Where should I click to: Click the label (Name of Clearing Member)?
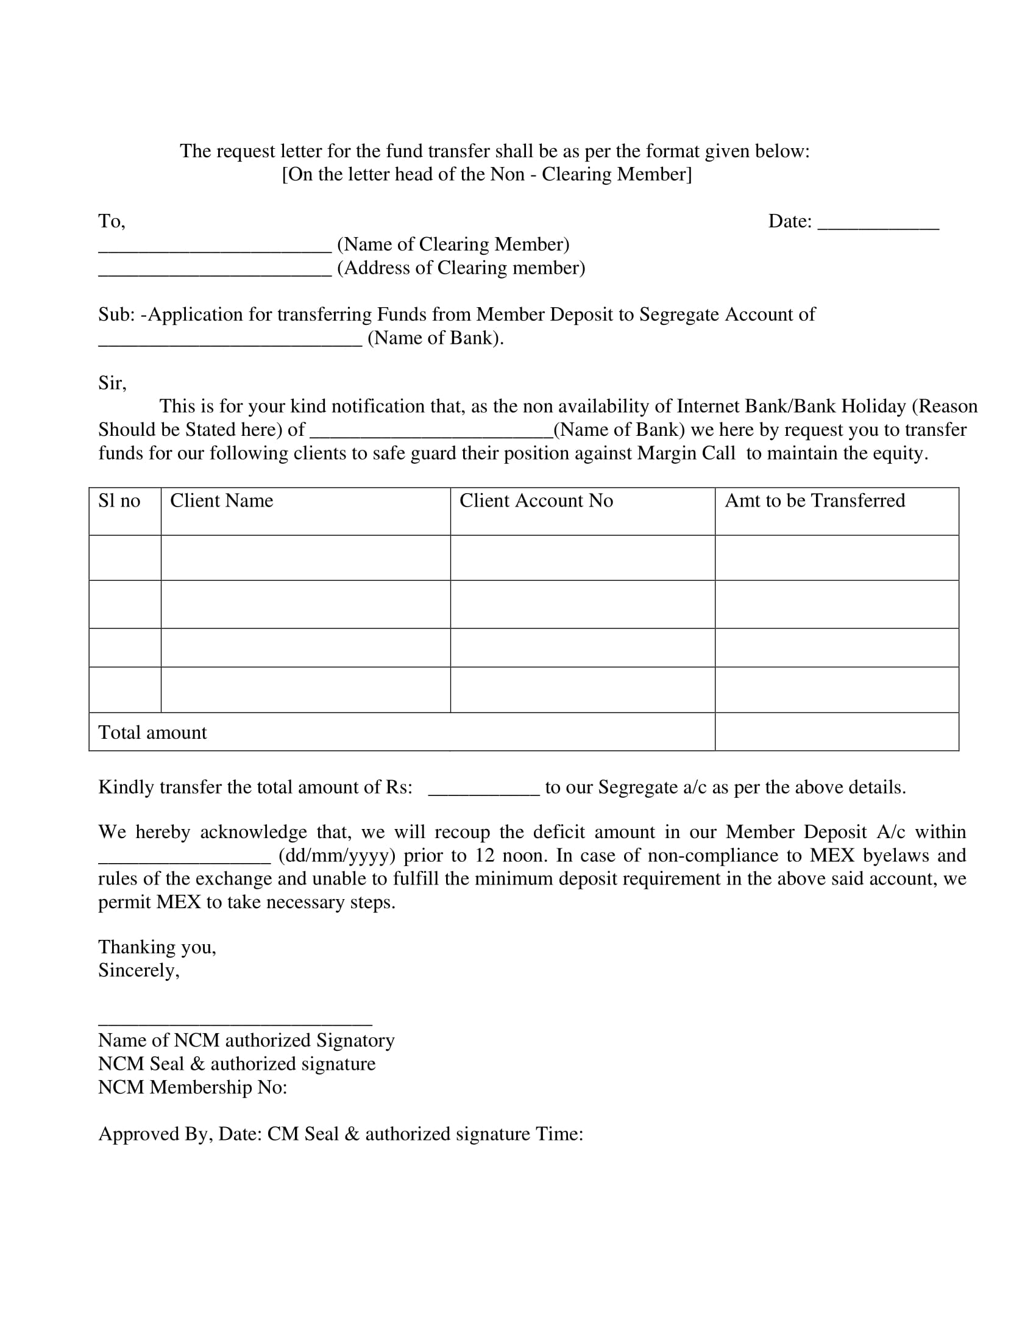pyautogui.click(x=453, y=244)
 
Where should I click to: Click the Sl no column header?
pyautogui.click(x=119, y=501)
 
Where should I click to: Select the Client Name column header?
pyautogui.click(x=222, y=501)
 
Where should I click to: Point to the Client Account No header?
pyautogui.click(x=536, y=501)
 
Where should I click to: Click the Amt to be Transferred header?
pyautogui.click(x=814, y=501)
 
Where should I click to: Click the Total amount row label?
pyautogui.click(x=153, y=733)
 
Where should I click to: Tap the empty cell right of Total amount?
pyautogui.click(x=837, y=732)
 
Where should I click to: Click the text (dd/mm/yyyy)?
pyautogui.click(x=337, y=855)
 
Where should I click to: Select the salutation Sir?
pyautogui.click(x=112, y=383)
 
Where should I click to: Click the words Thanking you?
pyautogui.click(x=157, y=947)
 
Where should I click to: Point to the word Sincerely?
pyautogui.click(x=139, y=970)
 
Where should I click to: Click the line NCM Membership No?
pyautogui.click(x=193, y=1087)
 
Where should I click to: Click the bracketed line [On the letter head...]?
pyautogui.click(x=487, y=174)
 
